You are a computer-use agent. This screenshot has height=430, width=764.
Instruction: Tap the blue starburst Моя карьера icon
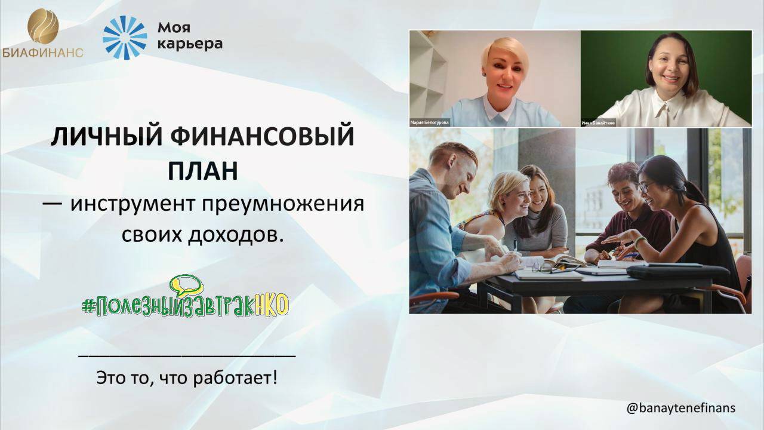pyautogui.click(x=125, y=38)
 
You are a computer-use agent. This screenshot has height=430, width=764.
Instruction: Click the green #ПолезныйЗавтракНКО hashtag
pyautogui.click(x=185, y=305)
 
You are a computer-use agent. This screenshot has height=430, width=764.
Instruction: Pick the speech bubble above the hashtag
pyautogui.click(x=186, y=284)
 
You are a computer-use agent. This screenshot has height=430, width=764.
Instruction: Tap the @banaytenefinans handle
pyautogui.click(x=680, y=408)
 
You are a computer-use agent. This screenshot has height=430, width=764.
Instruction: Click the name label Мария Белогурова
pyautogui.click(x=429, y=122)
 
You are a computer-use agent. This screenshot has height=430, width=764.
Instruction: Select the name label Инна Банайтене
pyautogui.click(x=598, y=123)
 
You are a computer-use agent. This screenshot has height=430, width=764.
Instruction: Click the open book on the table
pyautogui.click(x=561, y=260)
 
